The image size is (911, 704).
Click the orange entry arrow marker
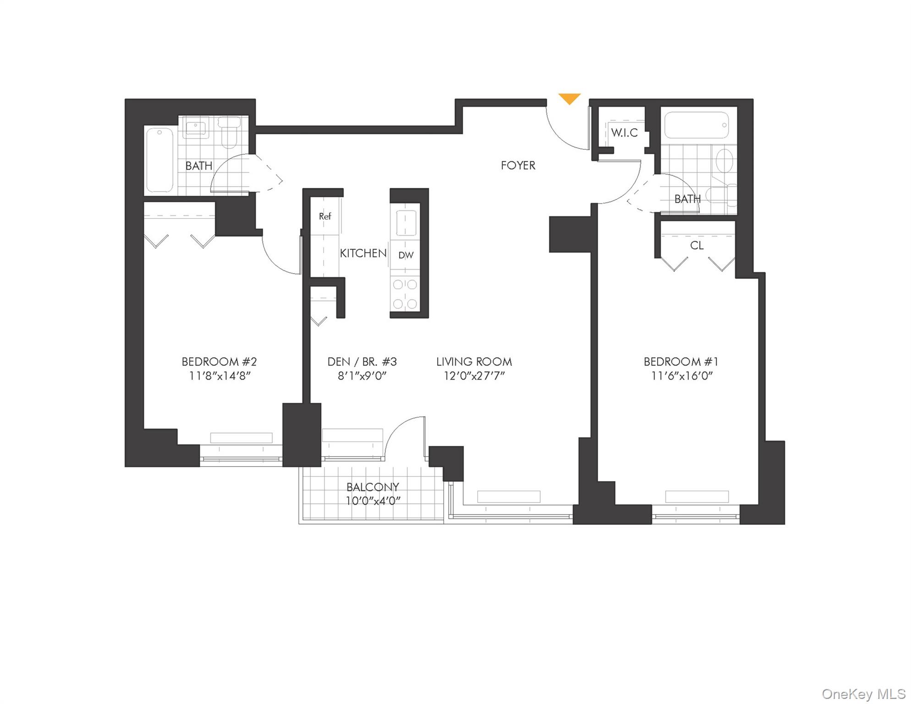pos(569,98)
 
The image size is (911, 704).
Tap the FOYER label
pos(518,165)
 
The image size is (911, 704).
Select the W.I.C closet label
pos(624,133)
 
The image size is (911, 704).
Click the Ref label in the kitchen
pos(325,216)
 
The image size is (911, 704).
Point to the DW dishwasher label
pos(406,255)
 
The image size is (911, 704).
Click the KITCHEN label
pos(363,253)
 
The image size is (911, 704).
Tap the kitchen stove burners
pos(405,294)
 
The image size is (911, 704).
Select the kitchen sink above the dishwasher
pos(406,223)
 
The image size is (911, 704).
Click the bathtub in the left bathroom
pos(159,160)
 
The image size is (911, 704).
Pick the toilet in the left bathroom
pos(229,132)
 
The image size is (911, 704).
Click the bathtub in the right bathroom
pos(696,125)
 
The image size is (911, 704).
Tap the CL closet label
pos(697,246)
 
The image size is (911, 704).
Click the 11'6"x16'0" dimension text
pos(681,376)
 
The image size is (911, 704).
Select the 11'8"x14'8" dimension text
pos(220,376)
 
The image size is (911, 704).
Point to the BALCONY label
pos(373,487)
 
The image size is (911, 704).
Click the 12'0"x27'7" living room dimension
pos(474,376)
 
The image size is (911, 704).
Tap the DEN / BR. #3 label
pos(362,362)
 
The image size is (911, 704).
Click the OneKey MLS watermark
pos(863,694)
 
